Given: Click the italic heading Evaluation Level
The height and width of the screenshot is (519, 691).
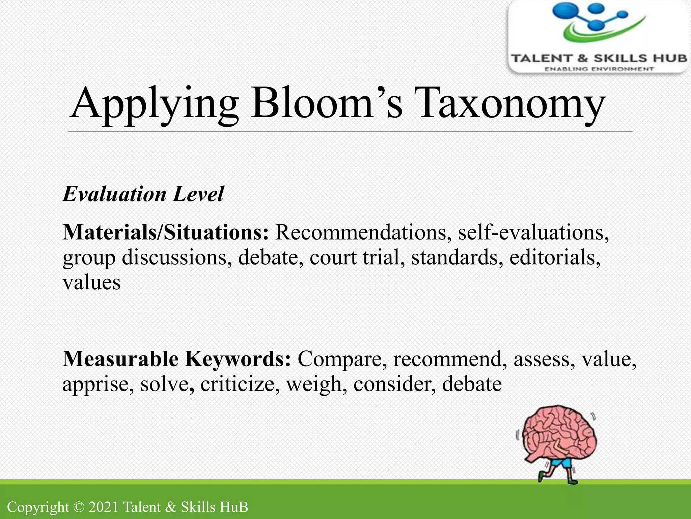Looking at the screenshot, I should (143, 194).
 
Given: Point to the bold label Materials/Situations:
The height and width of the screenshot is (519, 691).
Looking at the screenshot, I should (165, 232).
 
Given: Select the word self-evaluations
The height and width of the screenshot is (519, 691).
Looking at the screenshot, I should (533, 232).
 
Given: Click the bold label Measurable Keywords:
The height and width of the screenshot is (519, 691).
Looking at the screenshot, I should (176, 359).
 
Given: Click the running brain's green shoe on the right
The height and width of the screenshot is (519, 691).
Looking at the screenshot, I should (572, 481).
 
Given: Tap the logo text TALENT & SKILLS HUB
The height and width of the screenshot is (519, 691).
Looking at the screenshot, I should (599, 58).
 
